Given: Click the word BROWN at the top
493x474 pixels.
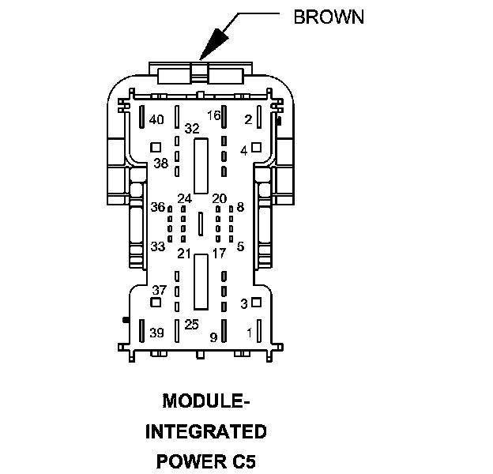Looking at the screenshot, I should [x=329, y=17].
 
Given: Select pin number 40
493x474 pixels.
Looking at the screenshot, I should [x=156, y=120].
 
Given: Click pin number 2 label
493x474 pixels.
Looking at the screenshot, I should [x=248, y=119].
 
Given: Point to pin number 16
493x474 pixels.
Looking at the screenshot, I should [x=213, y=115].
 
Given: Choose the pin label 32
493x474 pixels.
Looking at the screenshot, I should [x=192, y=128].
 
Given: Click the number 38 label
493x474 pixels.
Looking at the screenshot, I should [x=161, y=164].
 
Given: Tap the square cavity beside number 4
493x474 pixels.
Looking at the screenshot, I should [x=256, y=147].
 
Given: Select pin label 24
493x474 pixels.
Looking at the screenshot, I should [x=185, y=198].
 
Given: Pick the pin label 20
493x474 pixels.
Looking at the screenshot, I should [x=220, y=198].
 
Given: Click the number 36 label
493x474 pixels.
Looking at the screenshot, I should [x=158, y=207].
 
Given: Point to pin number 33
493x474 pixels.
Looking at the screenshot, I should [x=158, y=246].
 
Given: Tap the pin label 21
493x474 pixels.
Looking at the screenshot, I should [x=184, y=254].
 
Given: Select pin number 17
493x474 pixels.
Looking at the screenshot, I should [x=219, y=254].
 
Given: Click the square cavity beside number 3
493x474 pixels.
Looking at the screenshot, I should [x=256, y=303].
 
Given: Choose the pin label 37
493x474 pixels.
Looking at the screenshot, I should [x=160, y=290].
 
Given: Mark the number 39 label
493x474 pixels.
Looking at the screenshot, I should [x=156, y=332].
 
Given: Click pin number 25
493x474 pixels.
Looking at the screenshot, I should [x=191, y=324].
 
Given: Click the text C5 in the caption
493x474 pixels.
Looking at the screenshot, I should [x=243, y=460].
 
